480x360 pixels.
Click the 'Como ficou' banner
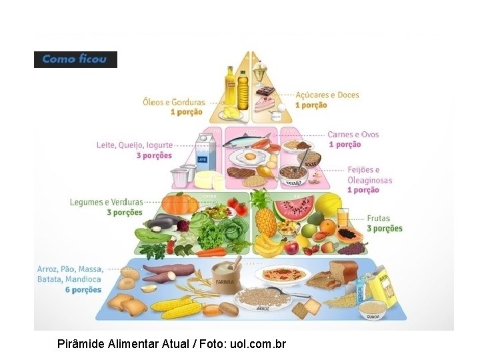click(75, 59)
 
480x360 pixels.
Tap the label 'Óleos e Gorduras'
click(173, 102)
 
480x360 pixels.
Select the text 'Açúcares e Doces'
click(327, 95)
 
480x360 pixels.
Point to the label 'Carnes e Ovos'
click(353, 135)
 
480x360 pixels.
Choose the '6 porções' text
click(83, 290)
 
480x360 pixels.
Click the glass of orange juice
click(343, 218)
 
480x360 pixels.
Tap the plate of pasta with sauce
click(283, 273)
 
